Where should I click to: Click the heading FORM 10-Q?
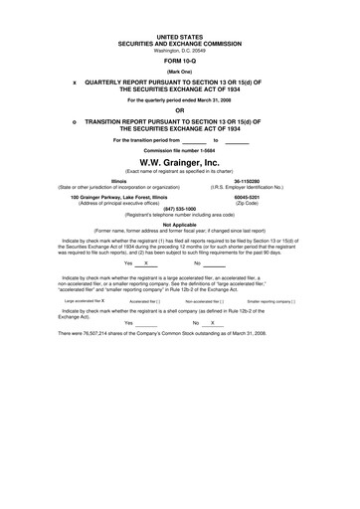pyautogui.click(x=180, y=61)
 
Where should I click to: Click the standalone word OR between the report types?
pyautogui.click(x=180, y=109)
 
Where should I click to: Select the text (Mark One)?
pyautogui.click(x=180, y=72)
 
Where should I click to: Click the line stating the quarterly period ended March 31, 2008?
pyautogui.click(x=180, y=100)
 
